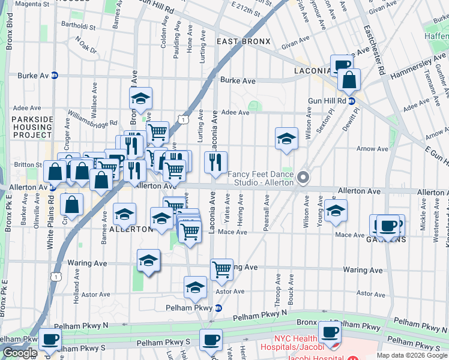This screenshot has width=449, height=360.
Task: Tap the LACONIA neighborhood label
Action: click(312, 71)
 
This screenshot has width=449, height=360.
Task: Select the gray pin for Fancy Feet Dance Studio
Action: click(304, 178)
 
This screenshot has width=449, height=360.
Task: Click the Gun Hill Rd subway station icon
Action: click(352, 101)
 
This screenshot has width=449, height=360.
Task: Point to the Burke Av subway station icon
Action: click(55, 76)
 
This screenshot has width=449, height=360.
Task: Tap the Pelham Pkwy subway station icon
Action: click(218, 308)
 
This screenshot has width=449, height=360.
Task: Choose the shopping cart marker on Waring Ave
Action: click(221, 269)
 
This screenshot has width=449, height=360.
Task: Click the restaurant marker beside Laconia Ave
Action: click(215, 161)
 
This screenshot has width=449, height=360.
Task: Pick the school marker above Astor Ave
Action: click(195, 288)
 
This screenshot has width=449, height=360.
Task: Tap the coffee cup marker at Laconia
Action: click(342, 65)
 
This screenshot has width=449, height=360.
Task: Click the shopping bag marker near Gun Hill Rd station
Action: click(348, 79)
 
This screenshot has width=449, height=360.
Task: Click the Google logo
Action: click(20, 353)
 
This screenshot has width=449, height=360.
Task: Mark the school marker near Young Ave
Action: click(336, 210)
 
